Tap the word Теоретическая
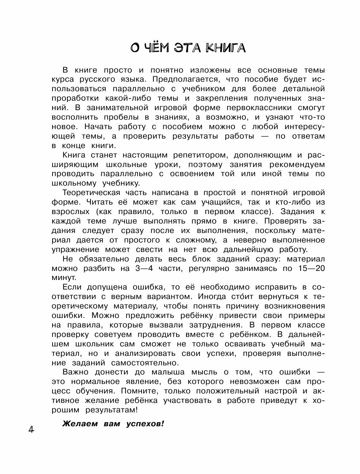95,193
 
